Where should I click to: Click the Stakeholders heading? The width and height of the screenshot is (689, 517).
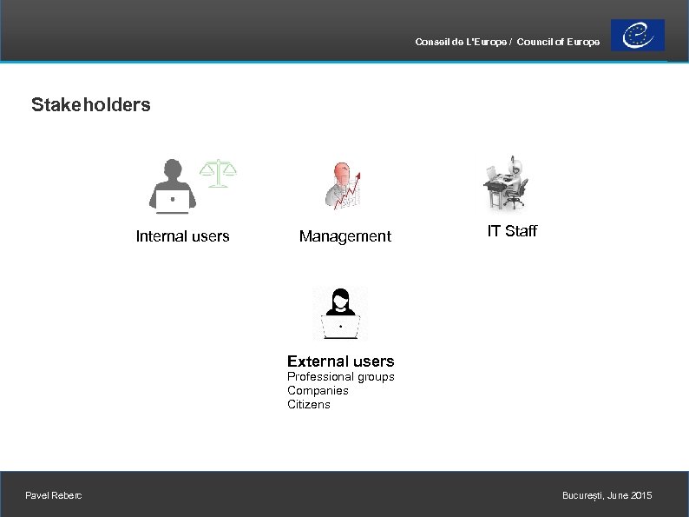click(90, 105)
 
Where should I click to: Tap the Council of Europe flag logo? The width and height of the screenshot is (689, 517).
click(637, 36)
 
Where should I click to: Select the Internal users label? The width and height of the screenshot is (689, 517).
click(182, 236)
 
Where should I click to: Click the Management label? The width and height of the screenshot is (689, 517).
click(344, 236)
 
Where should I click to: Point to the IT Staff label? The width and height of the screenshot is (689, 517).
click(512, 231)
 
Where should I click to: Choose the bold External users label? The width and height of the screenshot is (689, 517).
click(340, 361)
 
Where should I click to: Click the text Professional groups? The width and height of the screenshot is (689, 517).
click(340, 377)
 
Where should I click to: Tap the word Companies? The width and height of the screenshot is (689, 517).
click(318, 391)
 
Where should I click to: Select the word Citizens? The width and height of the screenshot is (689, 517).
click(309, 405)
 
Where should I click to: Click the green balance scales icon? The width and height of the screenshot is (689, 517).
click(218, 172)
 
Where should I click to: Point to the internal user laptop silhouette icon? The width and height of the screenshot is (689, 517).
click(173, 186)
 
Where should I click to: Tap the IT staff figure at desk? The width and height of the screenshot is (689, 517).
click(506, 182)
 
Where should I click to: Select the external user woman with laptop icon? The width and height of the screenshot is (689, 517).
click(340, 313)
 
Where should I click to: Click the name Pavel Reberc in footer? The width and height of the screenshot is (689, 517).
click(54, 495)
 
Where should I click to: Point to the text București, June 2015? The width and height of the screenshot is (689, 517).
click(607, 495)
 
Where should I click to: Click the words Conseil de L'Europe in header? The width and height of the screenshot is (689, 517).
click(461, 43)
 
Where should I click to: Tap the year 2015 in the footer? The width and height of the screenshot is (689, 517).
click(641, 495)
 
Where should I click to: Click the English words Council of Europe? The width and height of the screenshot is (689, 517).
click(557, 43)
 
